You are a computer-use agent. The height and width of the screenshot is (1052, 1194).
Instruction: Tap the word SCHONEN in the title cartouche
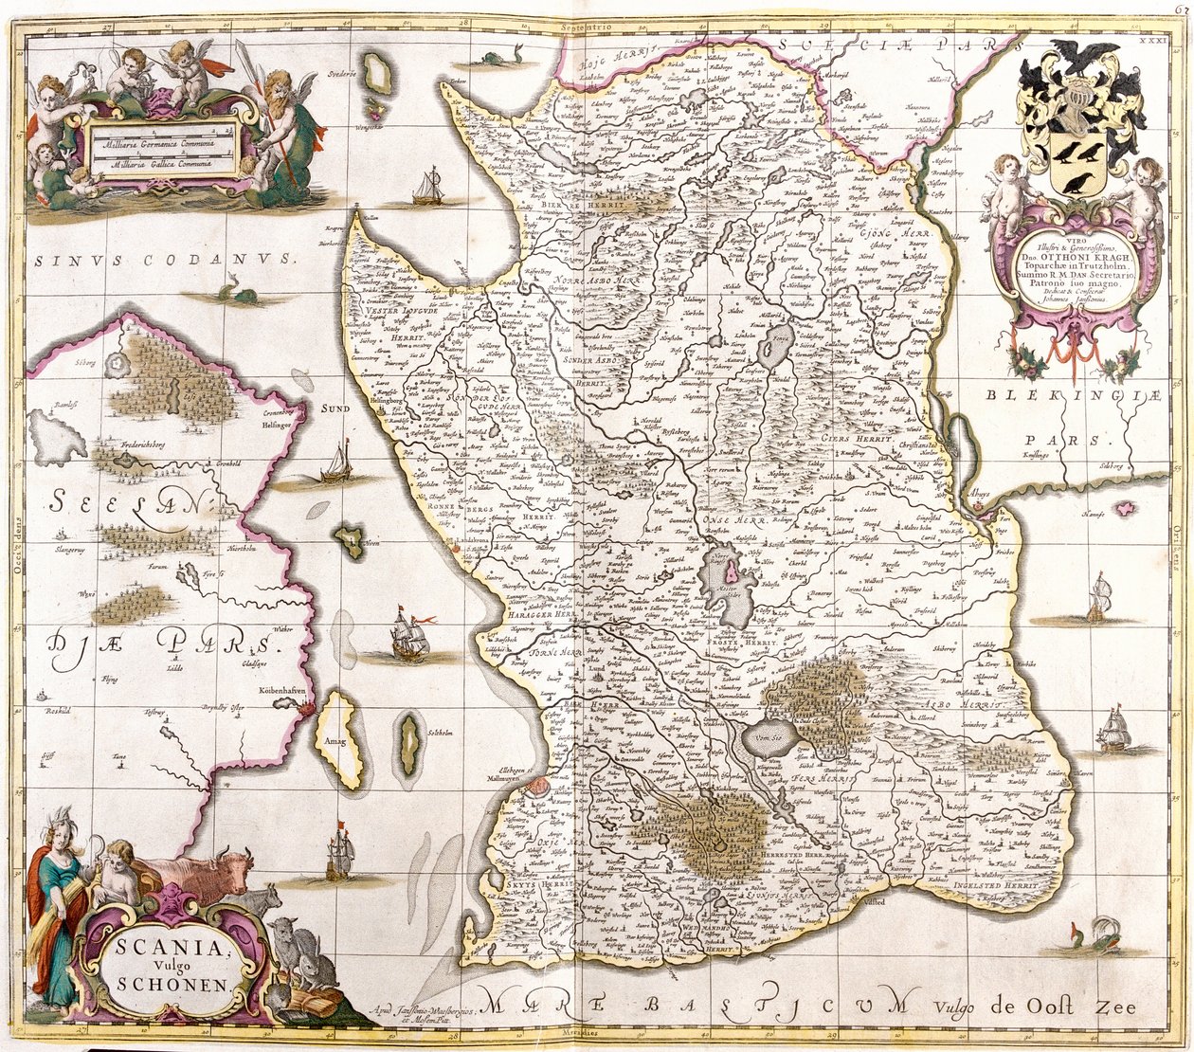click(x=173, y=983)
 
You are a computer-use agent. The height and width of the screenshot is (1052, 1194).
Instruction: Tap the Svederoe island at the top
click(x=379, y=74)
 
